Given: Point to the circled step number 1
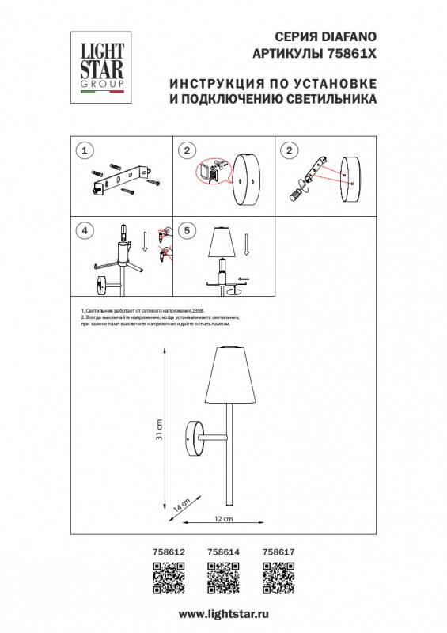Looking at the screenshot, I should tap(82, 150).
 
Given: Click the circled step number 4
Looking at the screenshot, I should tap(82, 231).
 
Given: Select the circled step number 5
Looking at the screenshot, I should tap(186, 231).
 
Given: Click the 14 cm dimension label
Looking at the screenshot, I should tap(180, 503).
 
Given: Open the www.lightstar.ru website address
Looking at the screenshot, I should tap(222, 613).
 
